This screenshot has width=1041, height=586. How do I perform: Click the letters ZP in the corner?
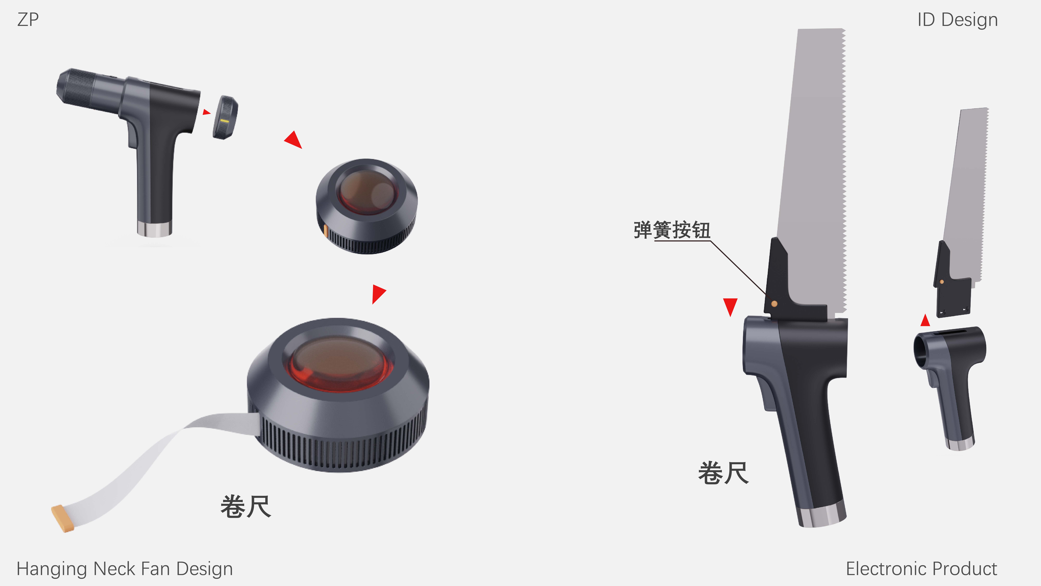pyautogui.click(x=28, y=19)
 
